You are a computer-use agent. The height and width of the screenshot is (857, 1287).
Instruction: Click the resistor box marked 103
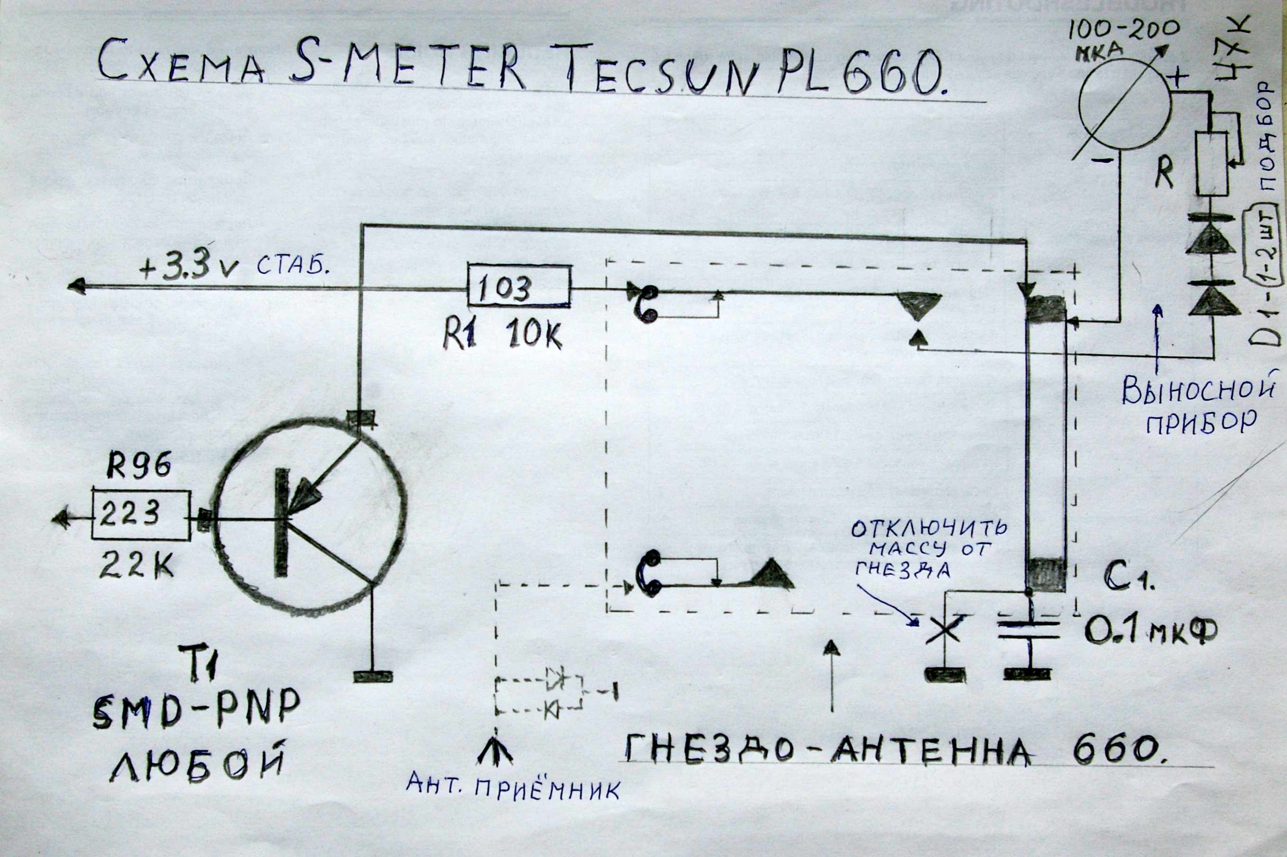click(519, 286)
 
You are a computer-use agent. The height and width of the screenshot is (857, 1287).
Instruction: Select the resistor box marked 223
click(141, 514)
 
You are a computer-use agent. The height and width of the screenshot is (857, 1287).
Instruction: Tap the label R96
click(138, 466)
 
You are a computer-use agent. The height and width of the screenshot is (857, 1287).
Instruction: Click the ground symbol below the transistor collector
click(373, 677)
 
